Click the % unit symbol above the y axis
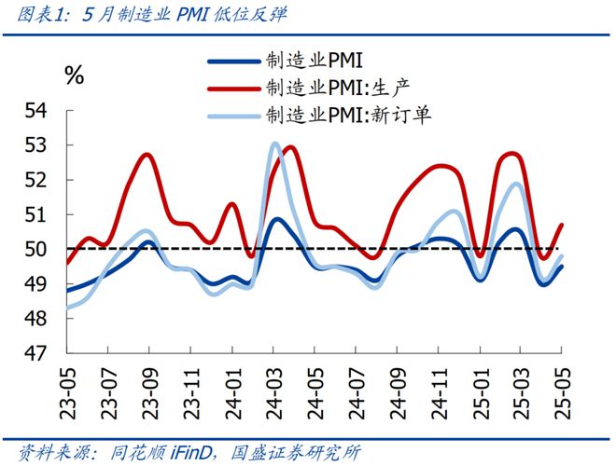point(75,76)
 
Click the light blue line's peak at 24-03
point(274,144)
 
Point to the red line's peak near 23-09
point(147,155)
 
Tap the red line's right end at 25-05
point(562,225)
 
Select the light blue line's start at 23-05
point(67,308)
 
